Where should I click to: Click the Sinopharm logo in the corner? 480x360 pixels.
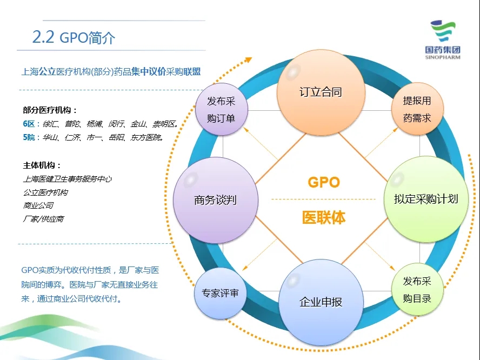[x=443, y=40]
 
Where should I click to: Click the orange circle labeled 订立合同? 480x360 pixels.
[x=321, y=92]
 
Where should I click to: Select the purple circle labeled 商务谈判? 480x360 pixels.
[x=216, y=200]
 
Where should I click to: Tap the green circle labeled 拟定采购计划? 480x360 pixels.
[x=426, y=199]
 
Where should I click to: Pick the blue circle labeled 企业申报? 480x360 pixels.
[x=321, y=302]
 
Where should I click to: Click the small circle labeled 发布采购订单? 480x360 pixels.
[x=221, y=109]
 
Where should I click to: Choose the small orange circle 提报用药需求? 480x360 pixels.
[x=417, y=109]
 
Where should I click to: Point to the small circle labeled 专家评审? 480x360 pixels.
[x=220, y=294]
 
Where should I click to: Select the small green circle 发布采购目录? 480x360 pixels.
[x=417, y=289]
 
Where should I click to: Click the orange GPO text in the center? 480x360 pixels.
[x=324, y=182]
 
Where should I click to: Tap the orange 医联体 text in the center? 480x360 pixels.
[x=324, y=218]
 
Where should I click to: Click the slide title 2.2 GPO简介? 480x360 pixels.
[x=74, y=37]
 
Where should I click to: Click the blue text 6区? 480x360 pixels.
[x=29, y=124]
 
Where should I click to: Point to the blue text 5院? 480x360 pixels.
[x=29, y=137]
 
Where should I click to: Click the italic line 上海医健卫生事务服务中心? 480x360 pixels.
[x=68, y=179]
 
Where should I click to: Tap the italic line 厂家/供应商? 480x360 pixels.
[x=43, y=219]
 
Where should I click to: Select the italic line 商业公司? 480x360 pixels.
[x=38, y=205]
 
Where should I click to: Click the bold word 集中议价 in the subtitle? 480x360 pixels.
[x=149, y=72]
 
